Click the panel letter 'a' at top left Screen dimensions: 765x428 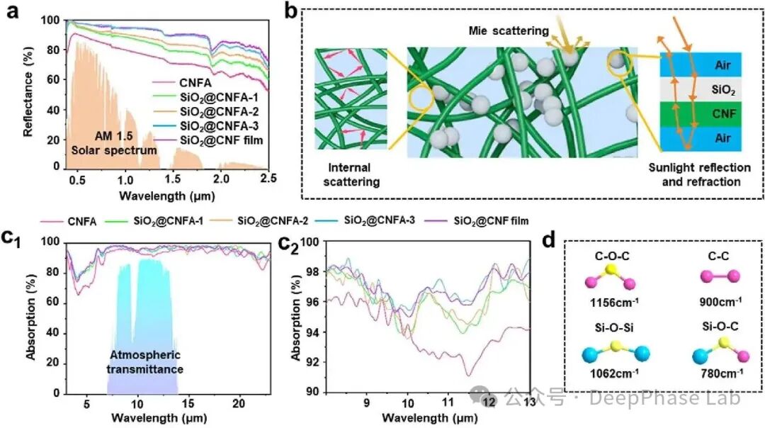click(12, 11)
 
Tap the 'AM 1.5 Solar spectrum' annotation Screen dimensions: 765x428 click(114, 143)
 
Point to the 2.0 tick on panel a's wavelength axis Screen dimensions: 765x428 click(221, 179)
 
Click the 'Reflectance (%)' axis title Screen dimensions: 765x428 click(28, 91)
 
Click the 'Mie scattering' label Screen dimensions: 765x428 click(509, 30)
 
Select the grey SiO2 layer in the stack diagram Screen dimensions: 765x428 click(701, 89)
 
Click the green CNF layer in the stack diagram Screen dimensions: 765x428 click(701, 113)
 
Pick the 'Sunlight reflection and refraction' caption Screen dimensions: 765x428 click(700, 175)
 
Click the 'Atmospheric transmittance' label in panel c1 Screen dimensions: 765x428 click(145, 362)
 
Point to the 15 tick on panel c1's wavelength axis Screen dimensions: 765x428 click(188, 404)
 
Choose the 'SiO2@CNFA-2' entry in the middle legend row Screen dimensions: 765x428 click(273, 221)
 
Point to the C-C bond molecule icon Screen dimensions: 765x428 click(720, 276)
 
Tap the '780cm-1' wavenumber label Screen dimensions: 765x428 click(722, 374)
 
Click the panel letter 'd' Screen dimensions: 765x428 click(549, 240)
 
